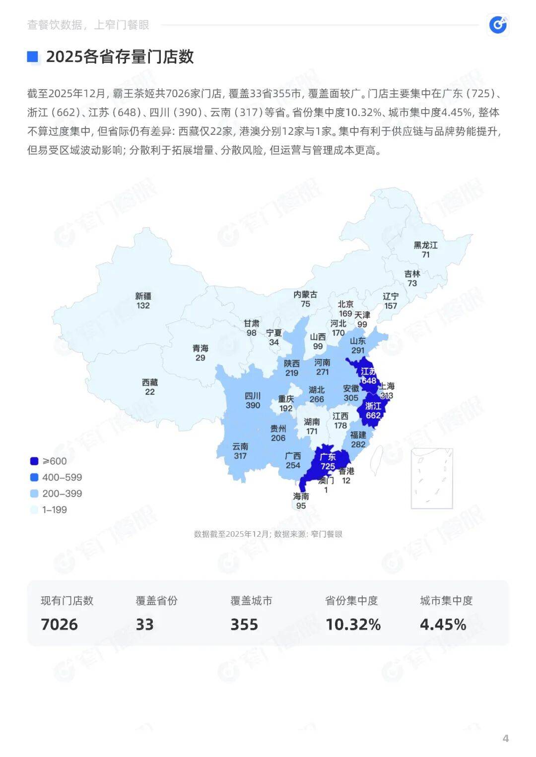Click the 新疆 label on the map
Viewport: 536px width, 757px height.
click(143, 296)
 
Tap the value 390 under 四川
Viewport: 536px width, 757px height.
click(253, 405)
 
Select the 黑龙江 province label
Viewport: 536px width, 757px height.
click(426, 245)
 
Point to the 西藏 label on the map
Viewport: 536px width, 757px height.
click(150, 382)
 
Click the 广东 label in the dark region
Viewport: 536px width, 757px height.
click(328, 457)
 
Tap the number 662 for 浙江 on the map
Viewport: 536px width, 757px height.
click(373, 415)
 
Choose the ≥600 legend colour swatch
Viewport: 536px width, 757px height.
click(34, 461)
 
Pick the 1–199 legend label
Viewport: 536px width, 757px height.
click(54, 509)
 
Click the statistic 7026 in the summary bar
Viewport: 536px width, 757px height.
click(60, 624)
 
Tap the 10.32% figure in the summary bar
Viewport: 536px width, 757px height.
click(353, 624)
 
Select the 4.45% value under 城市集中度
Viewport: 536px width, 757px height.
click(443, 624)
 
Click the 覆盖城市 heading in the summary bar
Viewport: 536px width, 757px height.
click(252, 601)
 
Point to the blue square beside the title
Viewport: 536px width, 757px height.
click(33, 57)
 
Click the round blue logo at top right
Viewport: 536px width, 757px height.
click(498, 24)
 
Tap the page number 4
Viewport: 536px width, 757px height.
click(506, 738)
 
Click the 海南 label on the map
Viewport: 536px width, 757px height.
click(301, 496)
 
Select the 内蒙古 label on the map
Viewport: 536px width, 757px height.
click(305, 295)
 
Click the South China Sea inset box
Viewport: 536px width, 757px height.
click(432, 478)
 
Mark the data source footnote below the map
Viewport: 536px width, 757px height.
click(268, 534)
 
